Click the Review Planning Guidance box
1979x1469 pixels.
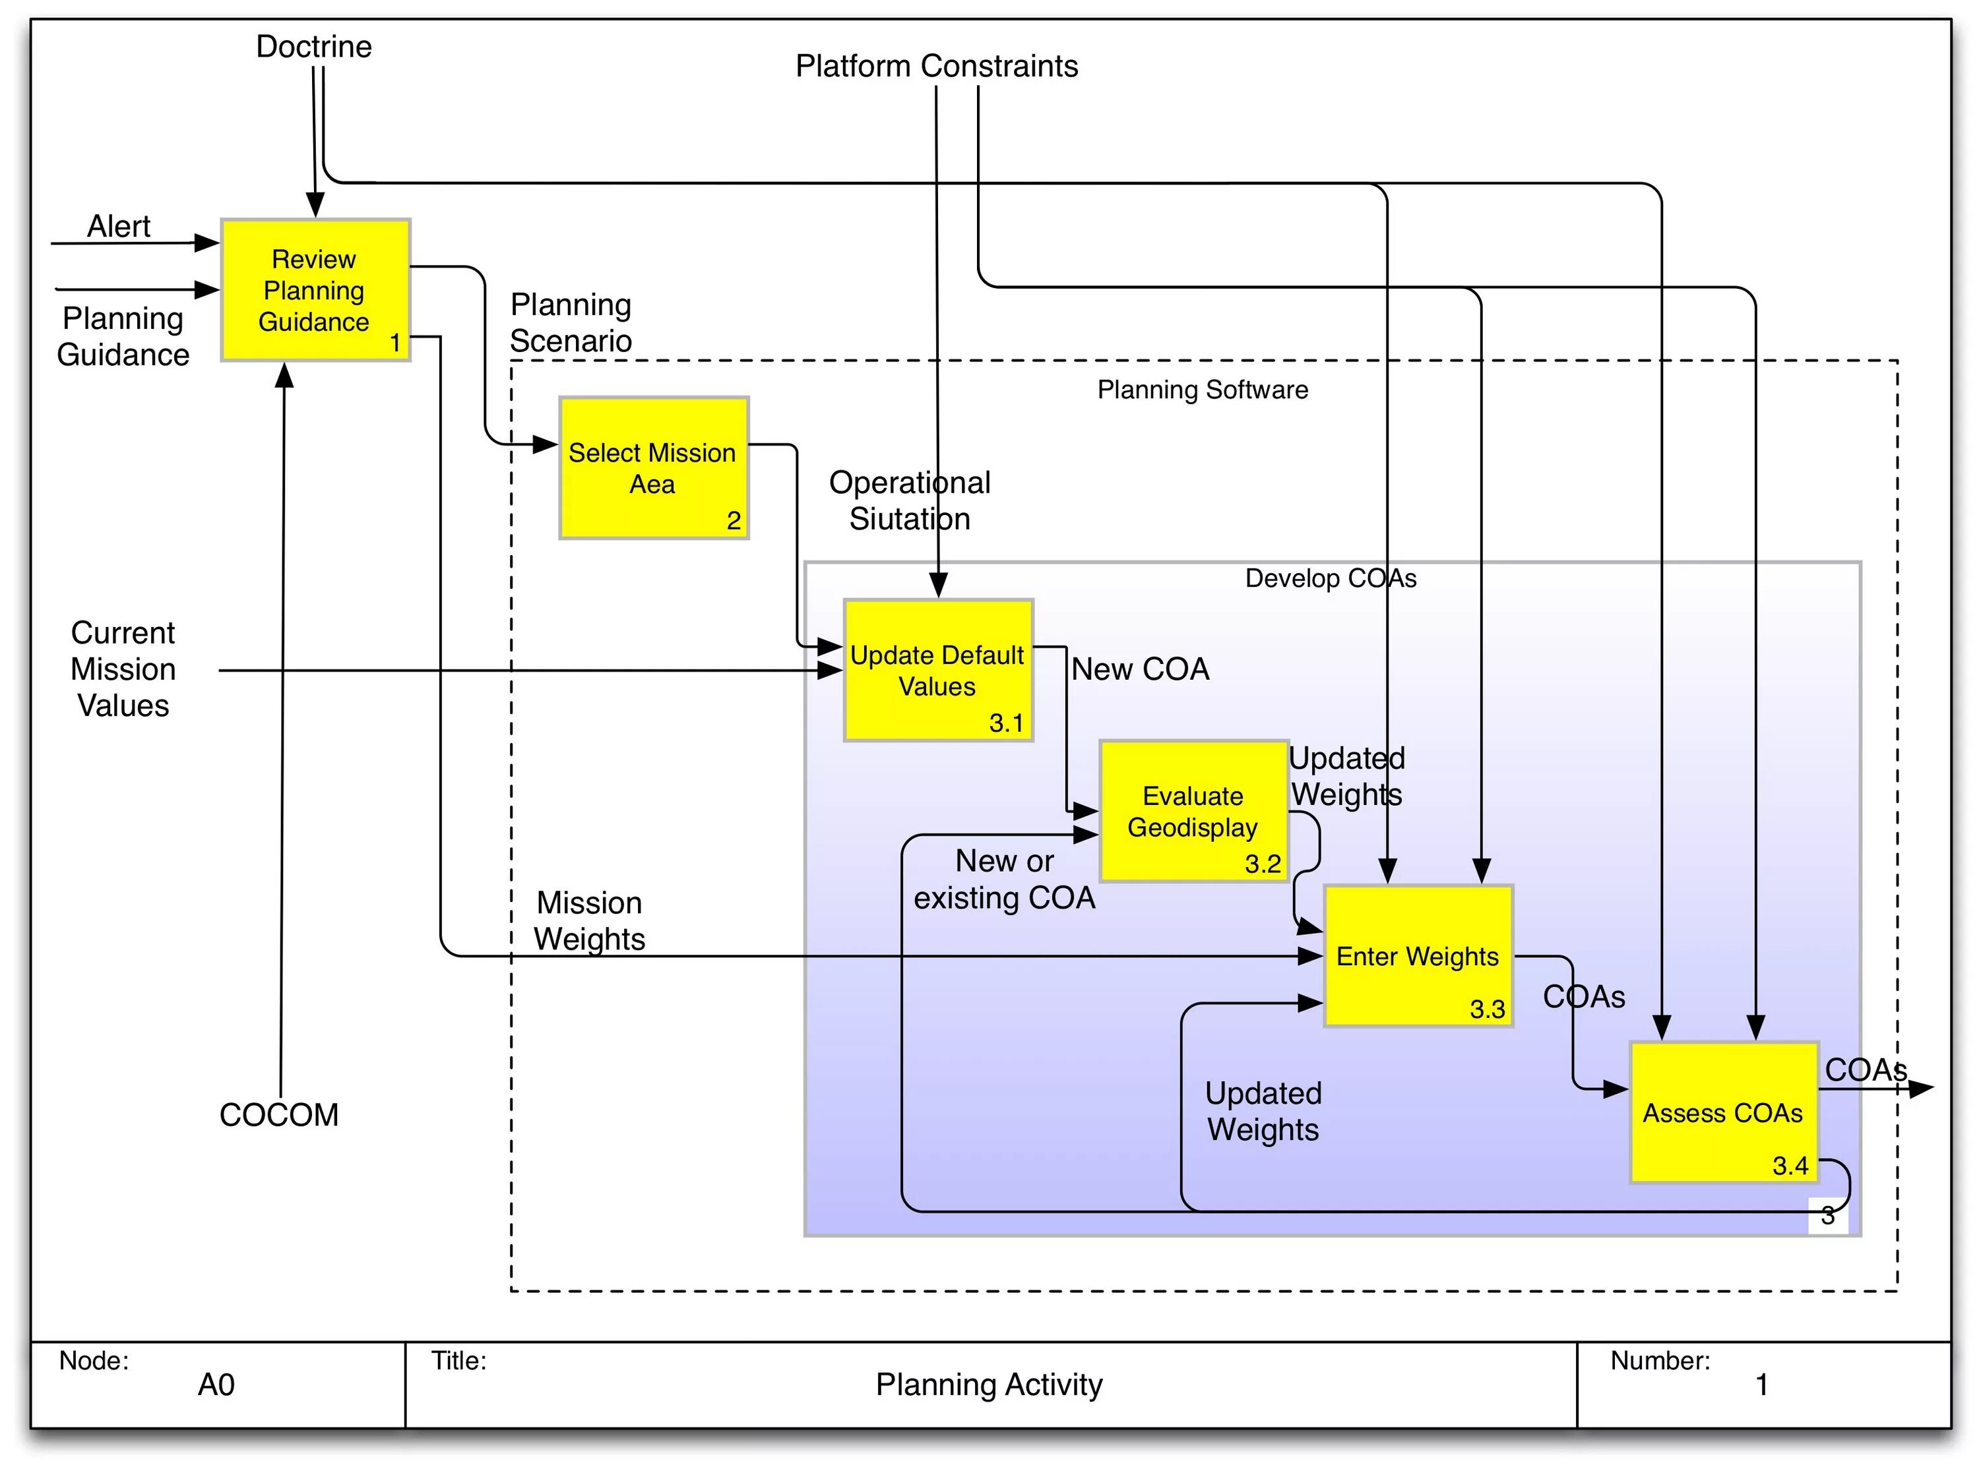315,290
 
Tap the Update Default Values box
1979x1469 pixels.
937,671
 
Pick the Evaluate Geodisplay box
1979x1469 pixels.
1193,811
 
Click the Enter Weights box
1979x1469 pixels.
1418,956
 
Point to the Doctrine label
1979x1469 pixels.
314,46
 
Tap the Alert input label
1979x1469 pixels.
118,226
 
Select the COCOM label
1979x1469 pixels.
279,1114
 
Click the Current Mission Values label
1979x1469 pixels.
123,669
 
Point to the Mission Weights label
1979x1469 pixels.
590,920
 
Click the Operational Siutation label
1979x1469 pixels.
909,500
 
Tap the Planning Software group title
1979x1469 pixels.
1203,390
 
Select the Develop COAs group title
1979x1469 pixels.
1330,578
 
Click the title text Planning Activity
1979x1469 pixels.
988,1385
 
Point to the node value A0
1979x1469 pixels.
216,1385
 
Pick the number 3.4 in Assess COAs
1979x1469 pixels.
1790,1165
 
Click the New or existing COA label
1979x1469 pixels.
1004,880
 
